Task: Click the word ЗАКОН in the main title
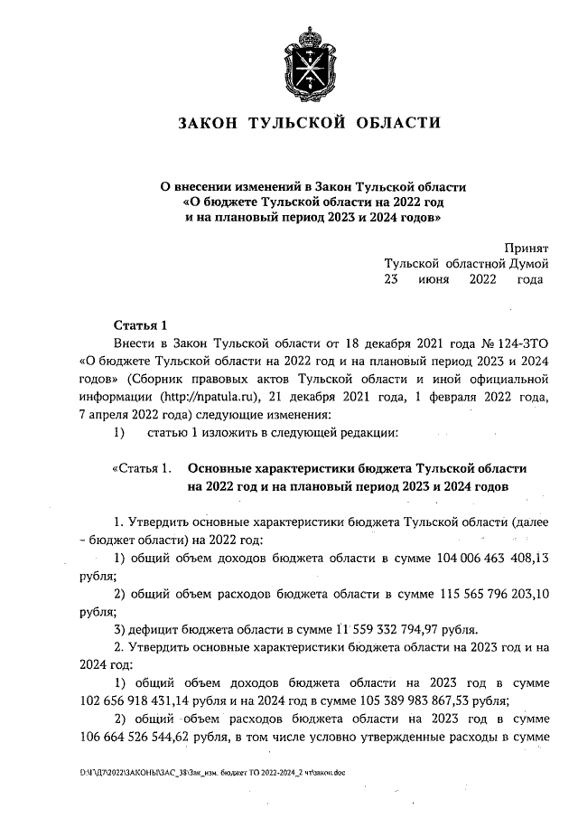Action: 211,123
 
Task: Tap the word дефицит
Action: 152,629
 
